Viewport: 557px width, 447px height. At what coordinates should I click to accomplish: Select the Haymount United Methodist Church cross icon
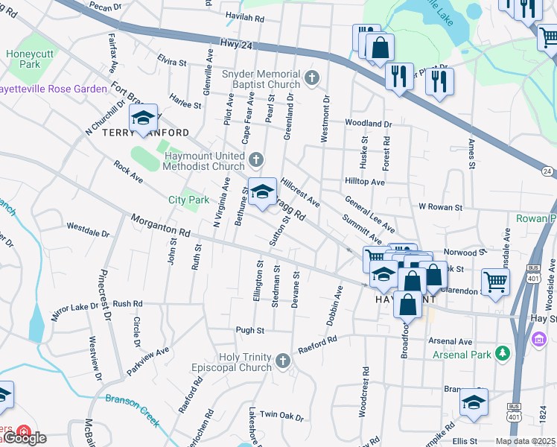click(256, 159)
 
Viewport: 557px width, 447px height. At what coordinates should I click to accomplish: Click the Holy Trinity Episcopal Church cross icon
click(282, 361)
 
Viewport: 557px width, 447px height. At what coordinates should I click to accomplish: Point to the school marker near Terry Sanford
click(143, 118)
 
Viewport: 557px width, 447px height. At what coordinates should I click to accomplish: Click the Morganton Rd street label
click(160, 226)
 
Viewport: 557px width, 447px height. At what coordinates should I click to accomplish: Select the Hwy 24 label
click(236, 45)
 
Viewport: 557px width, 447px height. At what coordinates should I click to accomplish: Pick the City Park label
click(188, 200)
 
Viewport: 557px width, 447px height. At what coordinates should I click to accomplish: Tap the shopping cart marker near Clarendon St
click(495, 282)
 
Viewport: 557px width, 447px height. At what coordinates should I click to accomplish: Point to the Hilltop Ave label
click(364, 181)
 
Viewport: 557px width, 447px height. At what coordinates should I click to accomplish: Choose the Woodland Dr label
click(368, 123)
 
